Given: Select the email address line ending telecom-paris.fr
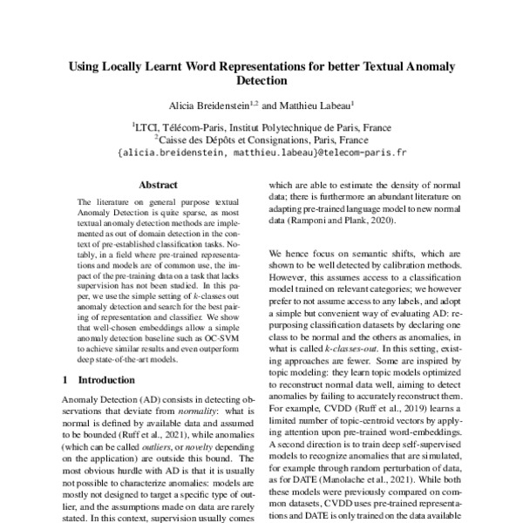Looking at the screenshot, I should (x=261, y=150).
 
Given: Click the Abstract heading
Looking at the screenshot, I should (x=158, y=185).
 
